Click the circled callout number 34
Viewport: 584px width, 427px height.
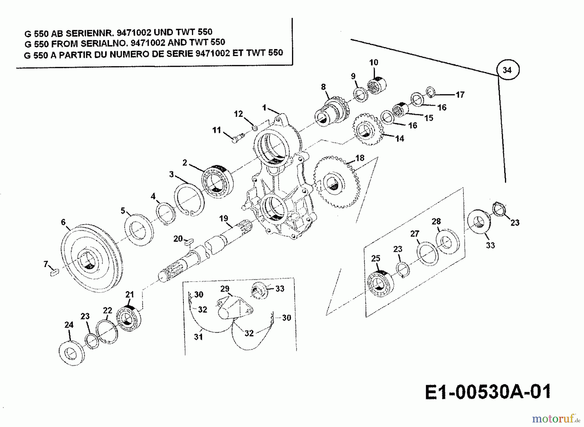pos(507,70)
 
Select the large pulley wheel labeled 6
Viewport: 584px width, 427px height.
pos(88,258)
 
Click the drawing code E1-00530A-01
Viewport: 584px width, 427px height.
pos(488,392)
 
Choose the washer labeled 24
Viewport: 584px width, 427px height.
pos(72,353)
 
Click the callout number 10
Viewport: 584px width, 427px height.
pos(374,62)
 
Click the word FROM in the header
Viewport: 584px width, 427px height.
pos(65,44)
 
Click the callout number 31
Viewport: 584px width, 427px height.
pos(198,337)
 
